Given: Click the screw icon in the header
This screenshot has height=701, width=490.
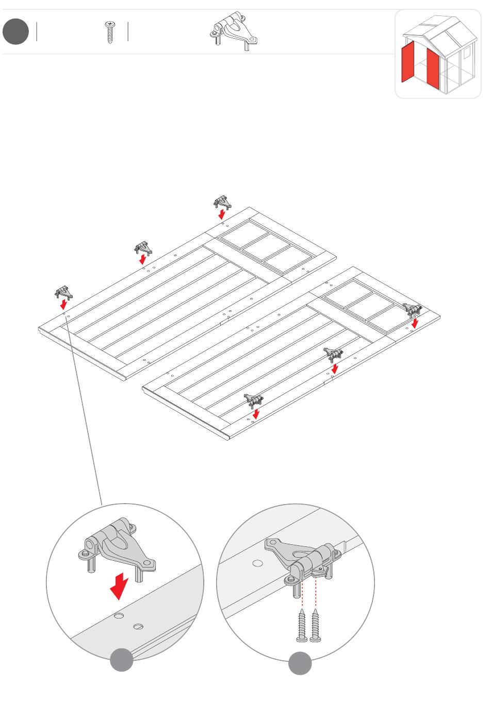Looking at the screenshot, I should [109, 32].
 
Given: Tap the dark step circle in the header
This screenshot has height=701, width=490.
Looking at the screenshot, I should [15, 31].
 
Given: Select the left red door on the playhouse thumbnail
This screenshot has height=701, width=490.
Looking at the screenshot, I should [408, 62].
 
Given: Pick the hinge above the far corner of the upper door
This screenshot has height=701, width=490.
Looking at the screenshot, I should [221, 202].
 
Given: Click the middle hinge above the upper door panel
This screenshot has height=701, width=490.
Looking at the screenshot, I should [143, 248].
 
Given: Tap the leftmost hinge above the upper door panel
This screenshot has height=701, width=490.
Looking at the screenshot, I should [63, 293].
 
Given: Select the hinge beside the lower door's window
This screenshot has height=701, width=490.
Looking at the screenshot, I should [412, 309].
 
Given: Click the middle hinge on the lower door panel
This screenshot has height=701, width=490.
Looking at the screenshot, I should [333, 354].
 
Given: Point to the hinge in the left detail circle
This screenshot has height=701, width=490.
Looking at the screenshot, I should [118, 548].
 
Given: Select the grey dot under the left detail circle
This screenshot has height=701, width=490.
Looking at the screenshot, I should [122, 660].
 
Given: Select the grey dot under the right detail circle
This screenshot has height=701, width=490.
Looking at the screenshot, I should [300, 663].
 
